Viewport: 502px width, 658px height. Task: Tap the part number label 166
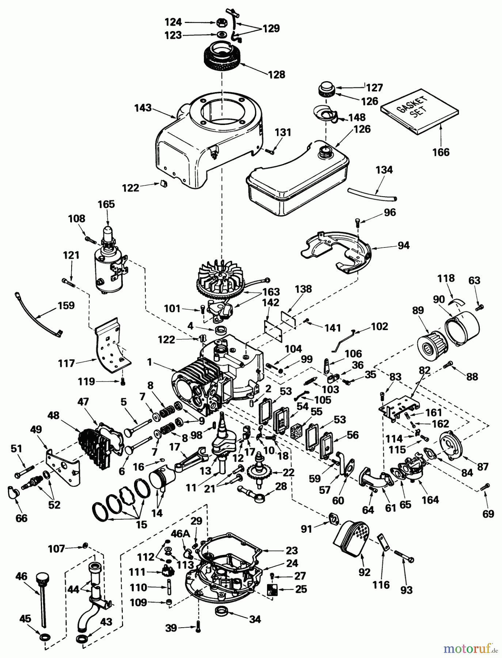coord(441,152)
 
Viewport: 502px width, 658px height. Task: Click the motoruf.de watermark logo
coord(471,648)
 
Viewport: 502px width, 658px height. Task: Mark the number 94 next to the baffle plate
coord(404,245)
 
